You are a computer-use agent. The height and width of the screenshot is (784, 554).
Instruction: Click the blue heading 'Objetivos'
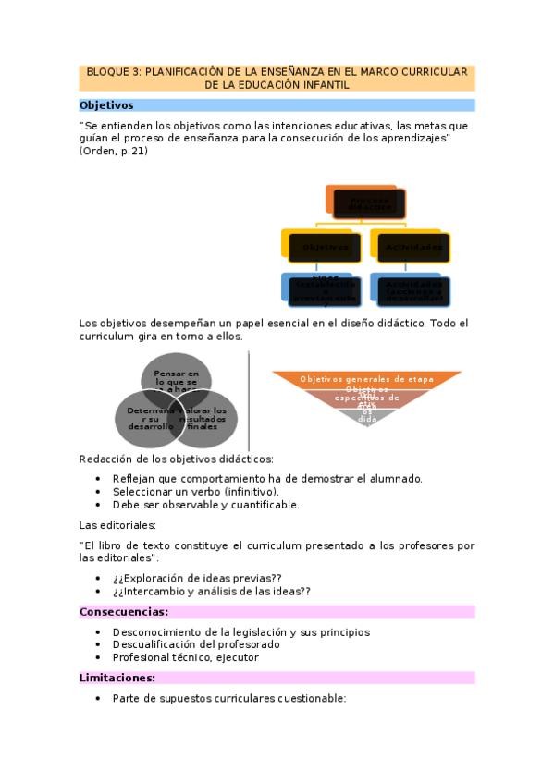[x=106, y=105]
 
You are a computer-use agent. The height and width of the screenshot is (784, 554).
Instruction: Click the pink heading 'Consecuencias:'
[x=124, y=611]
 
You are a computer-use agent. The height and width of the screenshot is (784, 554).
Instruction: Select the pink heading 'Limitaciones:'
[x=117, y=678]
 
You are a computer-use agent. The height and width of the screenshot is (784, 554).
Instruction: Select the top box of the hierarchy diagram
[x=367, y=202]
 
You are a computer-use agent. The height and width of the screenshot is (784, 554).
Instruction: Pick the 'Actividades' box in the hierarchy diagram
[x=412, y=247]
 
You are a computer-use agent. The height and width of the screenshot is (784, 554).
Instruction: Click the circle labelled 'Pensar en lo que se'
[x=176, y=380]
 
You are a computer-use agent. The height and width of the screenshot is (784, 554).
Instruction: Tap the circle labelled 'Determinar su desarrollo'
[x=145, y=418]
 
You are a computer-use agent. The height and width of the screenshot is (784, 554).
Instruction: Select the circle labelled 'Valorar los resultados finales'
[x=208, y=418]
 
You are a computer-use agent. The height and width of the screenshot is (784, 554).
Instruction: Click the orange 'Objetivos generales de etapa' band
[x=367, y=378]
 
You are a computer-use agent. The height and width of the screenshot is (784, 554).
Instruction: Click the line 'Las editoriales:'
[x=117, y=524]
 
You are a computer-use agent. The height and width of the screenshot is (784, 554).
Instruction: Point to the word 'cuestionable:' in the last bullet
[x=314, y=698]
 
